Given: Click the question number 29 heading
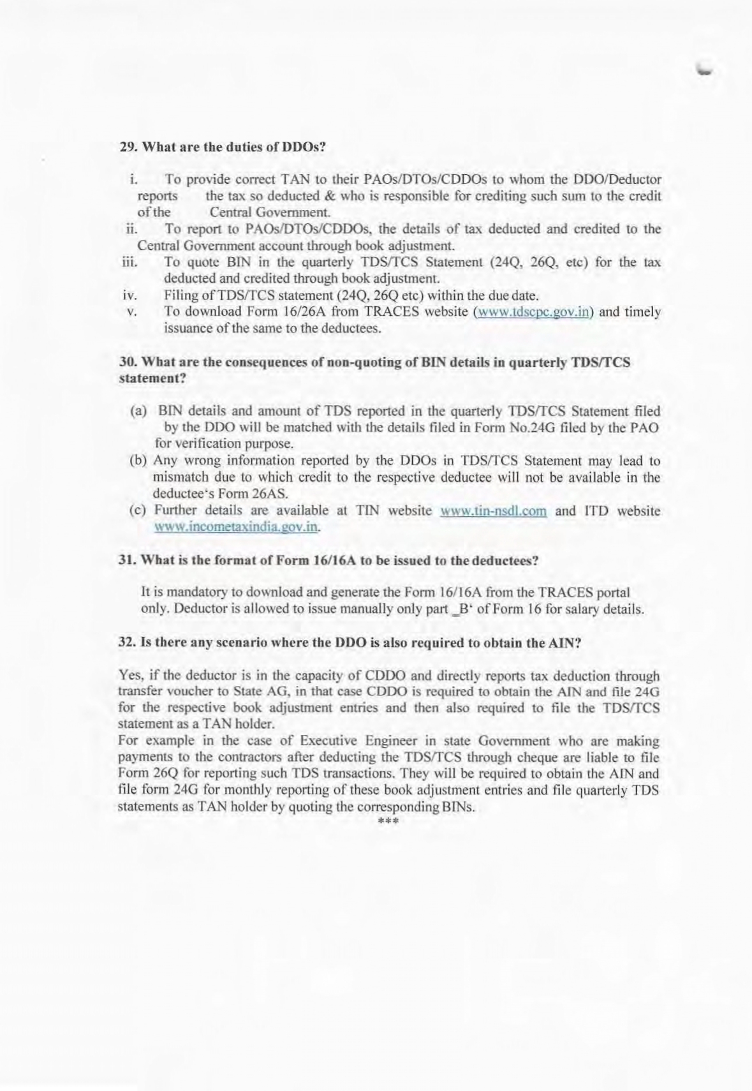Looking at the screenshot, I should (128, 147).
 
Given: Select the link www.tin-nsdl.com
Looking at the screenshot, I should (493, 511).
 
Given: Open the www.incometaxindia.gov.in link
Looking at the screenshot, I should (236, 527).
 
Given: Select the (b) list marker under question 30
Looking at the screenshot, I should (138, 461).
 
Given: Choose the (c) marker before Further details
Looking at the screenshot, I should (138, 510).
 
